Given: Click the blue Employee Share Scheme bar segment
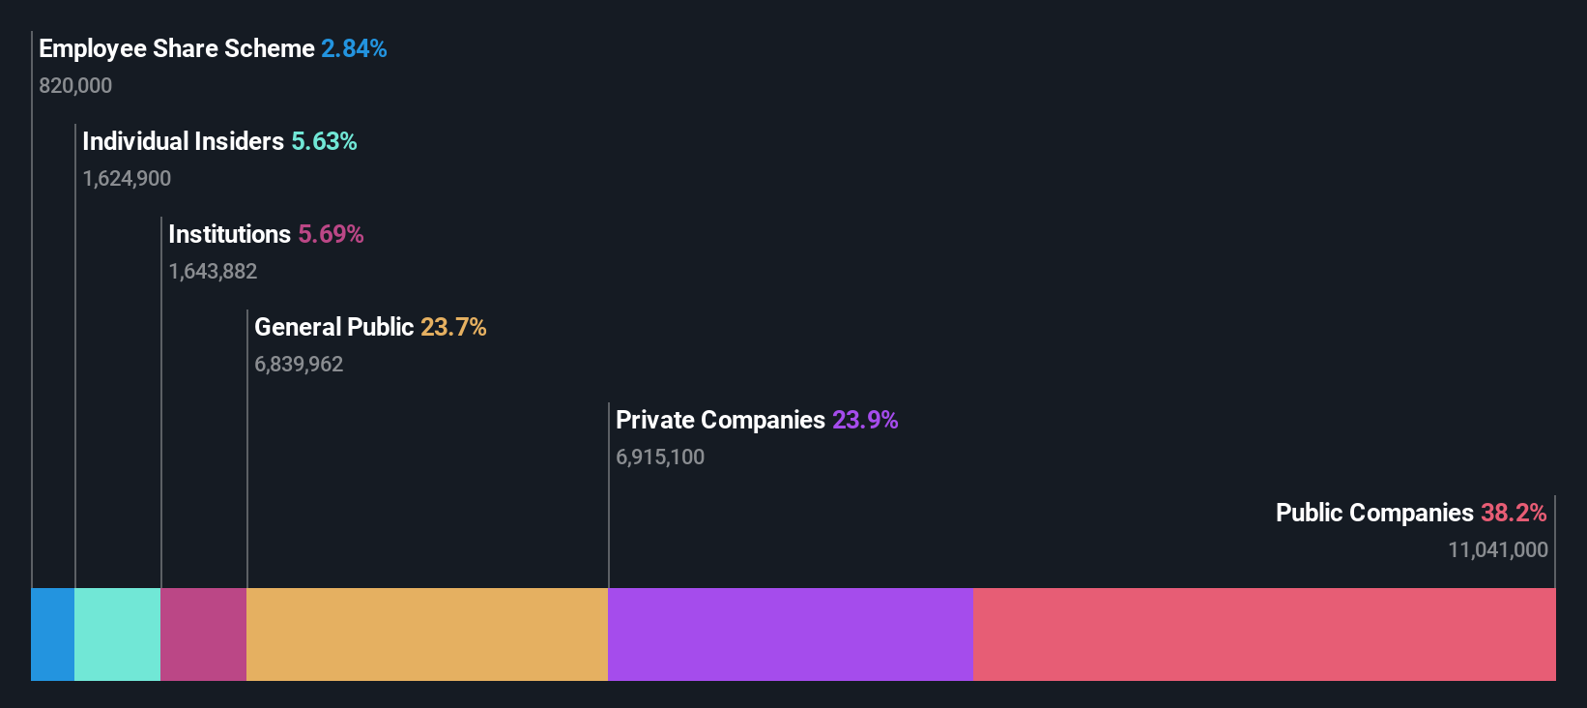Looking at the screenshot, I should point(52,634).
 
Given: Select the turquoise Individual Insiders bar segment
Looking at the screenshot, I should point(117,634).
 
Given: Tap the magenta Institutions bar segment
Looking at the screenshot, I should point(203,634).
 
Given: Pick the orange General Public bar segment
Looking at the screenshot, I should point(427,634).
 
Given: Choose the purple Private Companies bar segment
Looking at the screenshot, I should point(791,634).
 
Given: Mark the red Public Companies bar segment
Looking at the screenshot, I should point(1264,634).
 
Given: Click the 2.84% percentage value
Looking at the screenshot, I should point(354,48).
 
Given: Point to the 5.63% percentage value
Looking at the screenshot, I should point(324,141).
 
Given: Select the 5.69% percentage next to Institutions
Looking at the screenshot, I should point(331,234).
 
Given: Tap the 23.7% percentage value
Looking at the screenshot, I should point(453,327).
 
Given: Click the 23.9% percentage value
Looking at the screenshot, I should point(865,420).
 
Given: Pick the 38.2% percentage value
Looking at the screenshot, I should point(1514,513).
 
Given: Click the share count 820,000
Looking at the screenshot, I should point(75,86).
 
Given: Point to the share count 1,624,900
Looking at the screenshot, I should point(127,179).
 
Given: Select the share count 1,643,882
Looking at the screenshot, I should point(213,272).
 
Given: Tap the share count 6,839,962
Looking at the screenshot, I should point(299,365).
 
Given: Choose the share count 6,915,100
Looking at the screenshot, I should point(660,457).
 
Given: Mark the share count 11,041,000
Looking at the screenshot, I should point(1497,550).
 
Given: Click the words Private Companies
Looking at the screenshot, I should point(720,420).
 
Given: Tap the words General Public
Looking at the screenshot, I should point(333,327).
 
